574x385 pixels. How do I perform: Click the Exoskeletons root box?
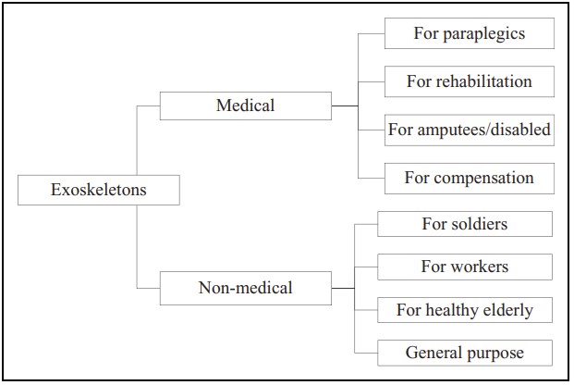tap(98, 191)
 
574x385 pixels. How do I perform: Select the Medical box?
tap(245, 106)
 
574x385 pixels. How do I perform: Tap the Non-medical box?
tap(245, 288)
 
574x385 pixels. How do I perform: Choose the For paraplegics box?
tap(469, 33)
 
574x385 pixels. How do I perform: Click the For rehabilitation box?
tap(469, 81)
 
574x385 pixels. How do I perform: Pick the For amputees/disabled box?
tap(469, 130)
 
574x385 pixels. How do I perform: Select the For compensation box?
tap(469, 178)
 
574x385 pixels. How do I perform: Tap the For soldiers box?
tap(464, 224)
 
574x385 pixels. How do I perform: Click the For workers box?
tap(464, 267)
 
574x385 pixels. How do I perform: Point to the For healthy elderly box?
tap(464, 310)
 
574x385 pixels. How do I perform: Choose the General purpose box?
tap(464, 353)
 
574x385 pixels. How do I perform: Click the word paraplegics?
tap(482, 33)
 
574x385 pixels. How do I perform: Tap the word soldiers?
tap(479, 224)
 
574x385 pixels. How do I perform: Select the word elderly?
tap(506, 310)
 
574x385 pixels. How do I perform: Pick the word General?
tap(434, 353)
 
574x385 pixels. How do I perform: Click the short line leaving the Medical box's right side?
tap(344, 106)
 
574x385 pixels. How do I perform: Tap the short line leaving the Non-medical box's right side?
tap(342, 288)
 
